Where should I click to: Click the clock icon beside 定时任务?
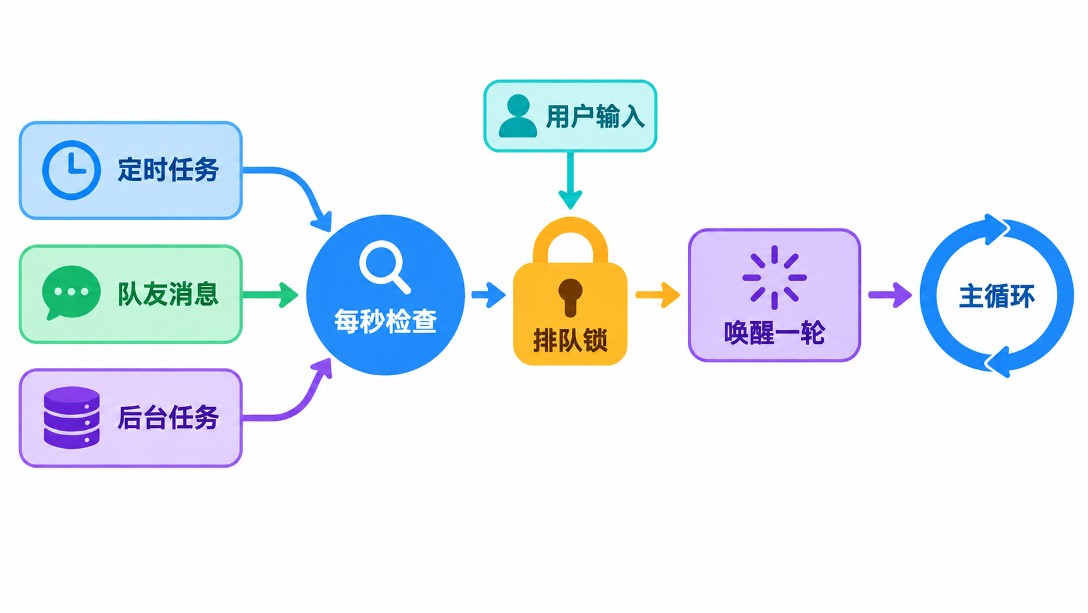(72, 170)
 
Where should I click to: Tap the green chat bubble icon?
(71, 292)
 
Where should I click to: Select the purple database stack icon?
(72, 418)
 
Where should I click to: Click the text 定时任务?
(168, 170)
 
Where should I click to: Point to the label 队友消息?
(168, 294)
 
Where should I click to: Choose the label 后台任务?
(168, 418)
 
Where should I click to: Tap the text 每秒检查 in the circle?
(385, 321)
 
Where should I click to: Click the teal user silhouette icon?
(518, 116)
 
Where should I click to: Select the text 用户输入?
(595, 117)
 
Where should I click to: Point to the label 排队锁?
(570, 340)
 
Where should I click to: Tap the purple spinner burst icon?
(774, 278)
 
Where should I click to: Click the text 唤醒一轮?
(774, 333)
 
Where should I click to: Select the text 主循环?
(997, 296)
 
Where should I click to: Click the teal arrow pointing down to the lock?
(570, 180)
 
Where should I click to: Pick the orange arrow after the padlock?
(658, 294)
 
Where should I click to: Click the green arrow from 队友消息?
(270, 294)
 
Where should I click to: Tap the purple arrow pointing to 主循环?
(890, 294)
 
